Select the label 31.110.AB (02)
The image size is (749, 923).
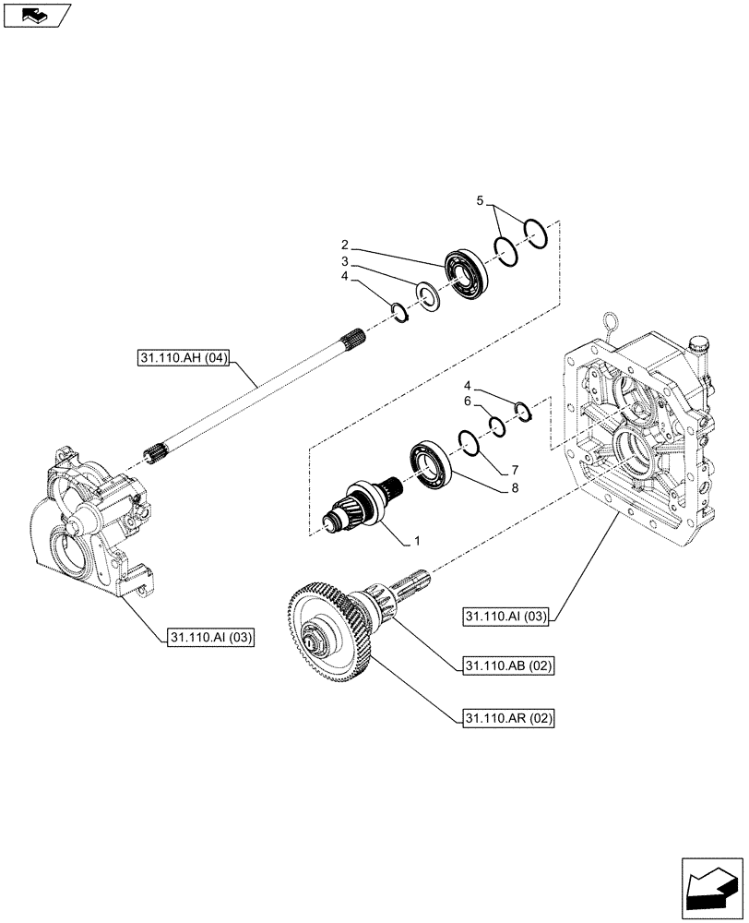click(506, 665)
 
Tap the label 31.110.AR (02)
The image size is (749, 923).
click(506, 716)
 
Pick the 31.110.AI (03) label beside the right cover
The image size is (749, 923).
click(505, 617)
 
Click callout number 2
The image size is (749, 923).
click(343, 245)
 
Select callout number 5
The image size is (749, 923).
click(480, 200)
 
